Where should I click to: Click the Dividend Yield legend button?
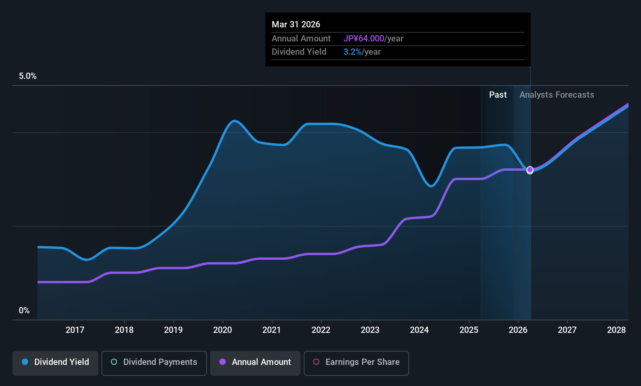coord(55,362)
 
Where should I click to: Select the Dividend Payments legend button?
coord(154,362)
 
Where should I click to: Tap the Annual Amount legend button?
coord(255,362)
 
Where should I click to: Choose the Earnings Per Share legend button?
coord(356,362)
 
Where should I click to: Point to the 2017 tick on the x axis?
coord(75,330)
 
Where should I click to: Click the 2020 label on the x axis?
coord(223,330)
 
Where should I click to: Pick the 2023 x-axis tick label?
coord(370,330)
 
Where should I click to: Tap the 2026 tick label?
coord(518,330)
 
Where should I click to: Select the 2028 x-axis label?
coord(616,330)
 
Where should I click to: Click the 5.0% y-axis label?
coord(28,76)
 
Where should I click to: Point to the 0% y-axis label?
coord(24,311)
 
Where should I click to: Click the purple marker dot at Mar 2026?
coord(530,170)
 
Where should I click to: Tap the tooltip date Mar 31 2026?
coord(296,25)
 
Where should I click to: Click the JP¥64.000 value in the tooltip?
coord(364,39)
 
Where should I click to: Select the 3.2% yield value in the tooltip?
coord(352,52)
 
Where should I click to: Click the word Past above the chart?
coord(498,95)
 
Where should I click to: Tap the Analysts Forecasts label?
coord(557,95)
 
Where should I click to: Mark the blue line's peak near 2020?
coord(234,121)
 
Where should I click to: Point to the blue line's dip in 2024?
coord(431,186)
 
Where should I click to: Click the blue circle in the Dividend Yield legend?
coord(25,362)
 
